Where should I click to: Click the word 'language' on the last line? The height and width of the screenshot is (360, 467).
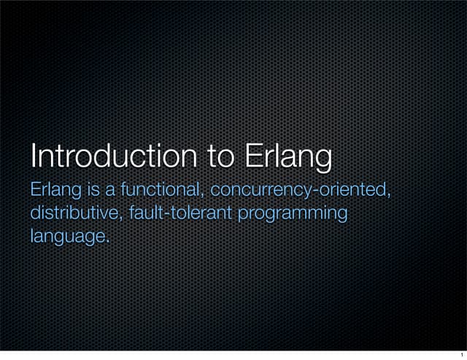[x=67, y=237]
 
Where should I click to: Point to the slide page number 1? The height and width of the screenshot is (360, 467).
[x=461, y=354]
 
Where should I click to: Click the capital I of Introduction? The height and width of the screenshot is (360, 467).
[x=34, y=156]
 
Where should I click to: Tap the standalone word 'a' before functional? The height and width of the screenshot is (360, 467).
[x=112, y=192]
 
